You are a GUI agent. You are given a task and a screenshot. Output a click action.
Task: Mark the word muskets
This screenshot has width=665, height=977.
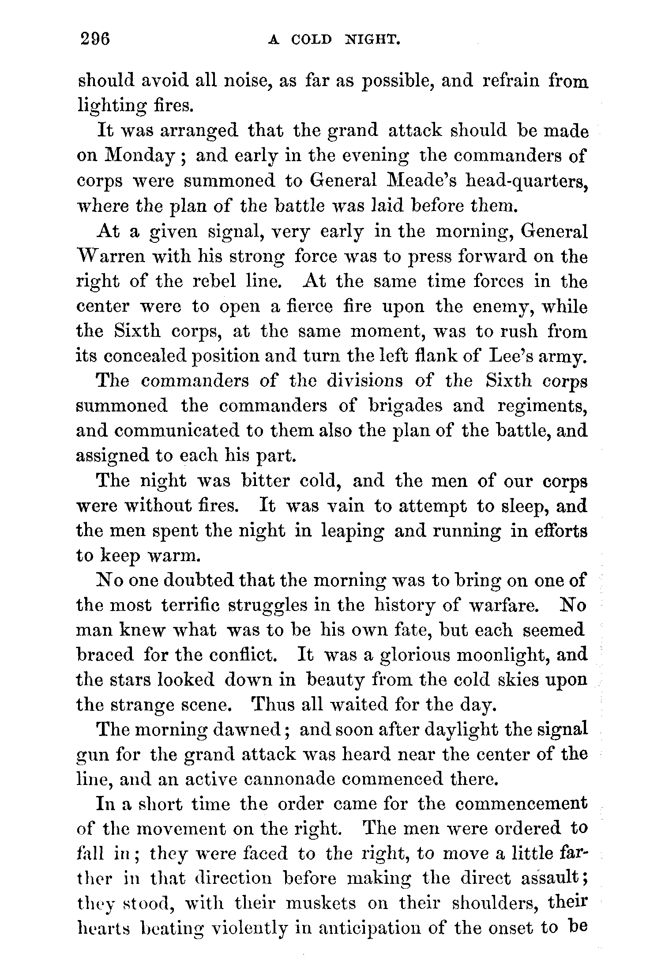click(x=320, y=904)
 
